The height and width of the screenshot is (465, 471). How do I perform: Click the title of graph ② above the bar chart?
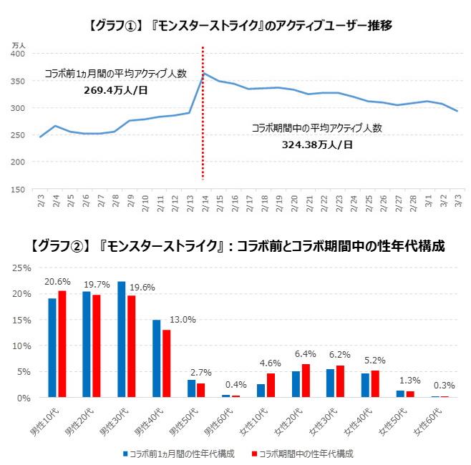click(238, 246)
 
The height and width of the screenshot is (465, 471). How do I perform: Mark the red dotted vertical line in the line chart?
click(203, 114)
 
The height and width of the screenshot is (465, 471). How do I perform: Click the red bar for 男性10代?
click(62, 343)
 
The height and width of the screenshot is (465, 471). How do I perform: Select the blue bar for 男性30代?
click(122, 339)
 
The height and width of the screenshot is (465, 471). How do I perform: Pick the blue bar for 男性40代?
click(156, 358)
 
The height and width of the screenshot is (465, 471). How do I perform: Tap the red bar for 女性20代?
click(306, 381)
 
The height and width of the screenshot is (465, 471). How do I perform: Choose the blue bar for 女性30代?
click(330, 383)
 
